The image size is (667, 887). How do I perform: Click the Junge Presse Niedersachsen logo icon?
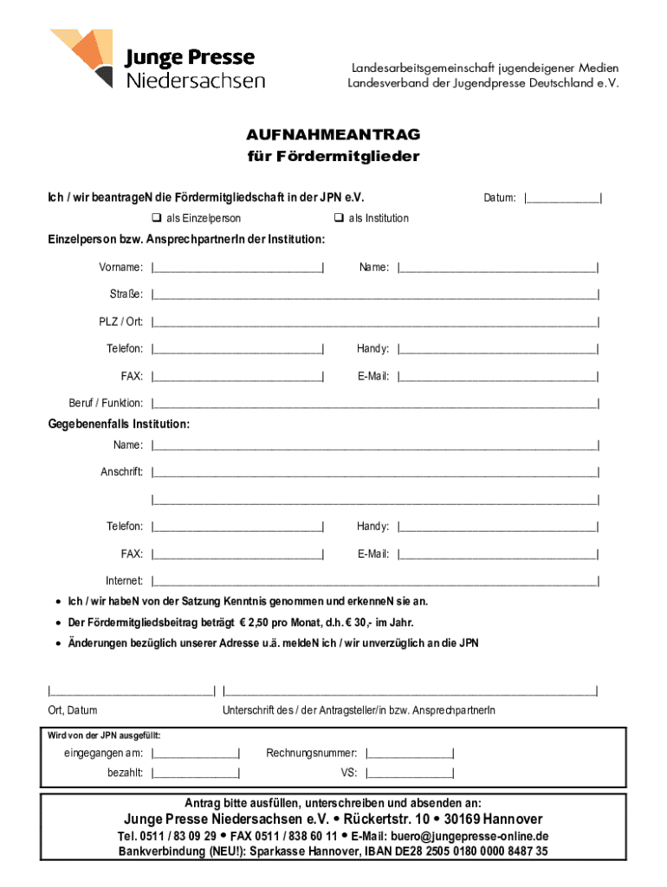coord(83,57)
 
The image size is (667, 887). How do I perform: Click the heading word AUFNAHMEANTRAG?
coord(333,135)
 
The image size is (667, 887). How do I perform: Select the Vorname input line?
coord(237,268)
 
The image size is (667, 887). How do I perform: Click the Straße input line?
coord(374,295)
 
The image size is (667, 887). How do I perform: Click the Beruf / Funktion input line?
coord(374,404)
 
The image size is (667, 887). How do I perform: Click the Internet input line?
coord(374,580)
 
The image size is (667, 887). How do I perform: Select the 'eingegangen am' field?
coord(196,754)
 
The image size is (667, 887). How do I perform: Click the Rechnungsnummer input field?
coord(410,754)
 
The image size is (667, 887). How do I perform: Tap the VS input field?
coord(410,773)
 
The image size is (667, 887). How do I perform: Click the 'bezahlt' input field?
coord(196,773)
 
